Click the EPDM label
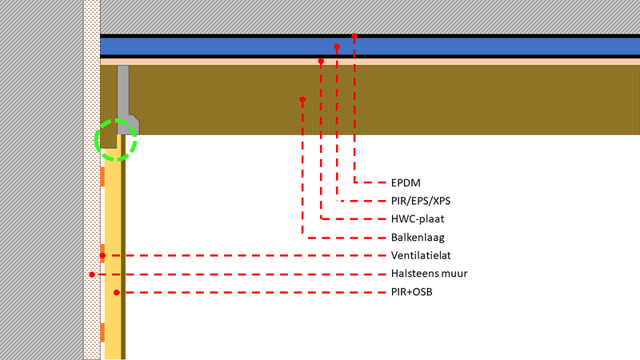coord(406,182)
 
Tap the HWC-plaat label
coord(418,218)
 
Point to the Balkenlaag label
coord(418,237)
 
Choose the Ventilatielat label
coord(422,256)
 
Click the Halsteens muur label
coord(430,274)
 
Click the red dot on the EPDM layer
coord(354,37)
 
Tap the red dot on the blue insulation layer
coord(337,47)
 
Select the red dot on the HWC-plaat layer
coord(321,61)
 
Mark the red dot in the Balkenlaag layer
coord(302,100)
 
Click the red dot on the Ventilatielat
coord(102,256)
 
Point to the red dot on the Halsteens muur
coord(92,274)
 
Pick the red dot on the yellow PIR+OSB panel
coord(117,293)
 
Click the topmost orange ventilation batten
coord(102,176)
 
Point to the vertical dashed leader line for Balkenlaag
coord(302,168)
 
